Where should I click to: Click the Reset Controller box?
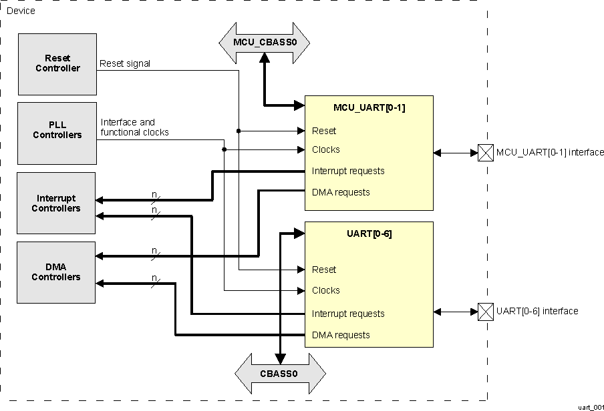[x=57, y=64]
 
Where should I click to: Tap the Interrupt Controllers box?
[x=57, y=203]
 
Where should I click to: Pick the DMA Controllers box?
[x=57, y=272]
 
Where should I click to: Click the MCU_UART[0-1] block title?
[x=369, y=107]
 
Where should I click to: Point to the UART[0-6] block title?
[x=369, y=234]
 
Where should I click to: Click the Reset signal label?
[x=125, y=64]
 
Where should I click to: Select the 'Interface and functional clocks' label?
[x=134, y=127]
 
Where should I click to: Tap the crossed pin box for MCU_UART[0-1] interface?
[x=486, y=153]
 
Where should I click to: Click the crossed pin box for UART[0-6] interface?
[x=486, y=311]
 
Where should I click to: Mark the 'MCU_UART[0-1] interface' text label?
[x=549, y=153]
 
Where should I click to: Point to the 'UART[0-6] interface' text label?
[x=537, y=311]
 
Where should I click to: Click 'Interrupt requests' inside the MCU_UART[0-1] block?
[x=348, y=171]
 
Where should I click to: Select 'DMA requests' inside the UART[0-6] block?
[x=341, y=335]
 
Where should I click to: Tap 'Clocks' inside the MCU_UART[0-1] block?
[x=326, y=150]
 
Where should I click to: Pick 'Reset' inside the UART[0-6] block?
[x=324, y=270]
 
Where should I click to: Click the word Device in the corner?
[x=21, y=11]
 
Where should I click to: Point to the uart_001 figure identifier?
[x=590, y=406]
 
